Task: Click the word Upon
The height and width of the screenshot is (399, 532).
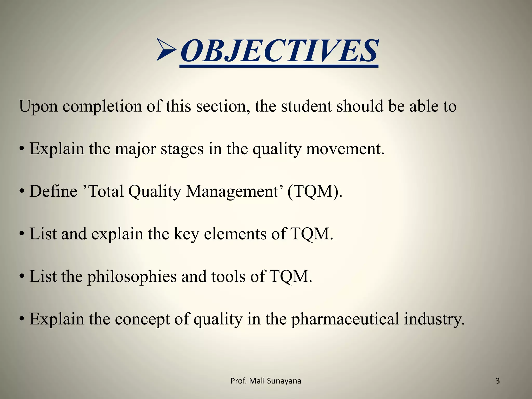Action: coord(38,107)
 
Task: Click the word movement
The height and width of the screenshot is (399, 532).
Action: coord(345,149)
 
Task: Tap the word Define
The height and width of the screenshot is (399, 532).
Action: coord(53,191)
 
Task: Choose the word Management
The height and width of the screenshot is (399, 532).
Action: coord(232,191)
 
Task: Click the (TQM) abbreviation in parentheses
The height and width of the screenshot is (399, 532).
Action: coord(315,191)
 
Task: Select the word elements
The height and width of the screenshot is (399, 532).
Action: coord(235,234)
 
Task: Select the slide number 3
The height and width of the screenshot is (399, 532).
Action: coord(497,381)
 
